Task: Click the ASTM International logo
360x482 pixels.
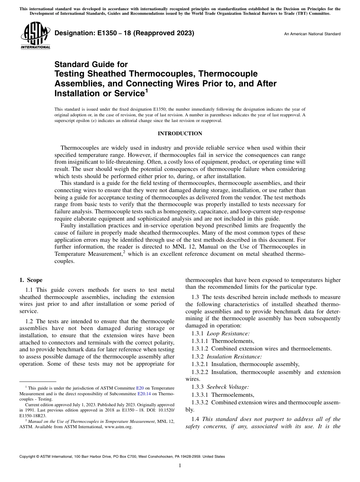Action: (35, 36)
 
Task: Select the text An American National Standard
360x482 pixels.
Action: (312, 34)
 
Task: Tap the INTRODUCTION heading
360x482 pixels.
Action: (180, 133)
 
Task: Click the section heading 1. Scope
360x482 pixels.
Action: (31, 280)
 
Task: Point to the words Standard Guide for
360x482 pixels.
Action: (91, 64)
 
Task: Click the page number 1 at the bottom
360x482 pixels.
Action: (180, 466)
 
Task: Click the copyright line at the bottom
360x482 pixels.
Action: (122, 457)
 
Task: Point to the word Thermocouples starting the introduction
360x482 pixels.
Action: (77, 148)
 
